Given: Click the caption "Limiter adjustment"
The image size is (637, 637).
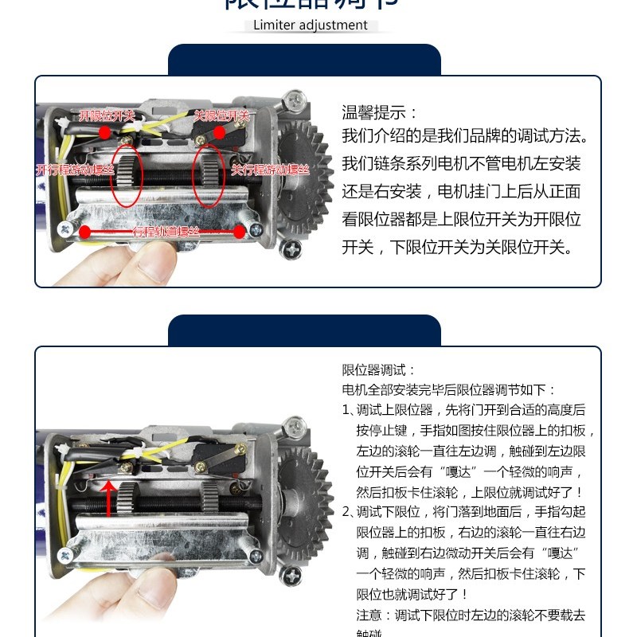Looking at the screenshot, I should (x=311, y=25).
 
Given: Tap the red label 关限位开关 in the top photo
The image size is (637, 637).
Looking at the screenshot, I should (x=222, y=115).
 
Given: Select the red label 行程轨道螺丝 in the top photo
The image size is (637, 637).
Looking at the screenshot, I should (x=166, y=233).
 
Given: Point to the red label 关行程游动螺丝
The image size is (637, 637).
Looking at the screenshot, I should (x=270, y=170).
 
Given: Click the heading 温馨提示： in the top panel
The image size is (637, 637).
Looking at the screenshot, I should (x=380, y=113).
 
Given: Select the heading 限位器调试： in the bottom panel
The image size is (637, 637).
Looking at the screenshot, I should (x=379, y=370).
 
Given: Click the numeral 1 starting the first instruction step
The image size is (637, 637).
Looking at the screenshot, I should (x=346, y=410).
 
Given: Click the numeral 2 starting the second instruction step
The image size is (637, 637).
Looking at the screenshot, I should (x=346, y=511).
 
